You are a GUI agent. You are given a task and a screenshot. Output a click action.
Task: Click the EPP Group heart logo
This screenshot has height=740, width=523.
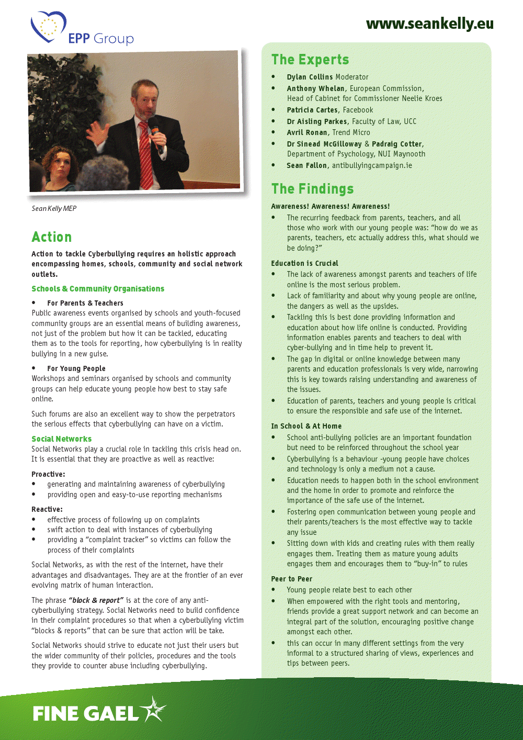tap(48, 27)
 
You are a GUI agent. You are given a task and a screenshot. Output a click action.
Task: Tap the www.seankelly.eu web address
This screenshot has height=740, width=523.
tap(429, 24)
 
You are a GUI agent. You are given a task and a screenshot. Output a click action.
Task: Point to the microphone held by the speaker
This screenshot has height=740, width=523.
tap(156, 133)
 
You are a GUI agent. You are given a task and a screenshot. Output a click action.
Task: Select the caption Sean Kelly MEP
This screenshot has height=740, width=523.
tap(54, 208)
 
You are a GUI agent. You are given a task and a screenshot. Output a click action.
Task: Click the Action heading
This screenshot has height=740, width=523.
tap(51, 237)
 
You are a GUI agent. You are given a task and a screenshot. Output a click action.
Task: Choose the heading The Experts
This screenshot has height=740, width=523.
tap(310, 60)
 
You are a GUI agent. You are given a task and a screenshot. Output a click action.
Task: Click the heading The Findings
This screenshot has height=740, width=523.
tap(312, 189)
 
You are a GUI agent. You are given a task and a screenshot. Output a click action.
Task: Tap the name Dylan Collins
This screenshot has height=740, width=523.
tap(310, 77)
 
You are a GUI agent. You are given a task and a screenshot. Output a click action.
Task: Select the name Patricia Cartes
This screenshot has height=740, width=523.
tap(312, 110)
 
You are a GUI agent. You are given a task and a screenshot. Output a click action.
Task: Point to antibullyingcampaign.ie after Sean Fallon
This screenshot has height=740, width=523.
tap(372, 165)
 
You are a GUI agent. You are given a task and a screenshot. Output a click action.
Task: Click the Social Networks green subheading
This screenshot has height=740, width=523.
tap(61, 439)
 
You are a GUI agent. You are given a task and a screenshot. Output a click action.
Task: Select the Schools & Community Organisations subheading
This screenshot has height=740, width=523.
tap(98, 289)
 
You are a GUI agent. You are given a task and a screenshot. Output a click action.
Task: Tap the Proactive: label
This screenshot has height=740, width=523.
tap(48, 474)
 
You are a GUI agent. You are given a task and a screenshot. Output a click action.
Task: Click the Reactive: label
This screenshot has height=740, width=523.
tap(47, 509)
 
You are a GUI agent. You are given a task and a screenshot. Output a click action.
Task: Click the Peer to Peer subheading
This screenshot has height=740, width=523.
tap(291, 579)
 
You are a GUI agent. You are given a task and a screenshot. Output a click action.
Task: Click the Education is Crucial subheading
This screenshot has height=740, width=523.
tap(304, 263)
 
